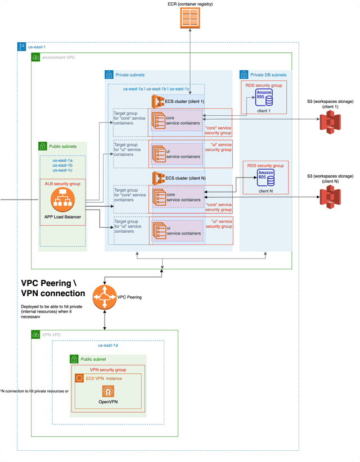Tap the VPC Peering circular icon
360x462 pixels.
[x=105, y=297]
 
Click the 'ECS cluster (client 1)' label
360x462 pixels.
[x=185, y=101]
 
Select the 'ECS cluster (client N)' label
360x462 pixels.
[x=185, y=178]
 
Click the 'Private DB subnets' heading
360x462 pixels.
[x=268, y=74]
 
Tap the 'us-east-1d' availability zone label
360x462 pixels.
[x=107, y=346]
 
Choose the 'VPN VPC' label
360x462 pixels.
[x=51, y=334]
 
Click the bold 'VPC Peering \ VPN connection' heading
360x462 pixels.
[x=53, y=288]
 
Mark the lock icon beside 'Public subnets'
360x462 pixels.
[x=42, y=146]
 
